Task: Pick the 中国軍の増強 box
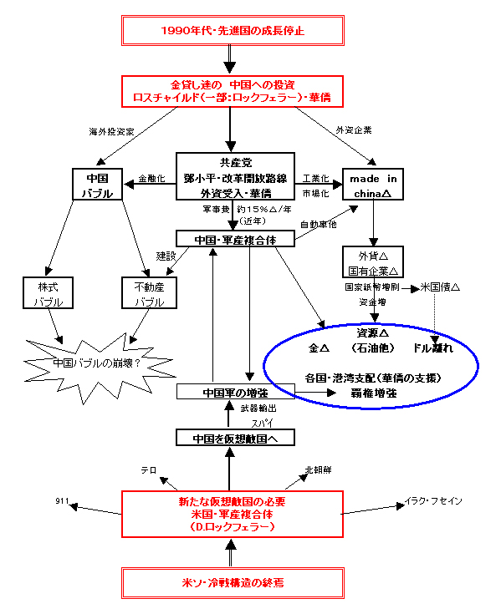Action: pyautogui.click(x=235, y=391)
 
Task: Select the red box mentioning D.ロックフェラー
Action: pyautogui.click(x=233, y=515)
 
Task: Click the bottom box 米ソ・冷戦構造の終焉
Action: pyautogui.click(x=233, y=582)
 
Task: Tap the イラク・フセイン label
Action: pyautogui.click(x=433, y=500)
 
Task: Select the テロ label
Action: pyautogui.click(x=150, y=470)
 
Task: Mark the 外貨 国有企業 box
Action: pyautogui.click(x=373, y=264)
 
